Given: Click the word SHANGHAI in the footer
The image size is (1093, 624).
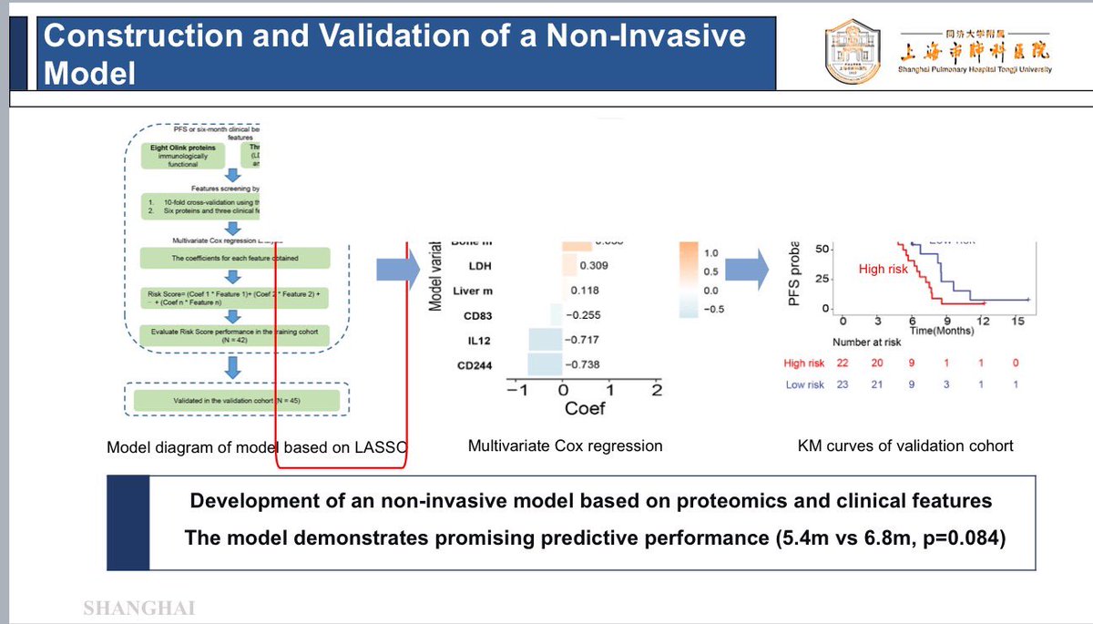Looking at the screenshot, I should pyautogui.click(x=138, y=609).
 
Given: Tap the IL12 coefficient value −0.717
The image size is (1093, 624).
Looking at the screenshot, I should pyautogui.click(x=581, y=340).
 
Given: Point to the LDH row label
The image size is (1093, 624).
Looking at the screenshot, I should pyautogui.click(x=481, y=266).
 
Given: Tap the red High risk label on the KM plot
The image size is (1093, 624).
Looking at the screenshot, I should pyautogui.click(x=884, y=270).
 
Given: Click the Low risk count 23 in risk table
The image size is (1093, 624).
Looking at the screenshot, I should pyautogui.click(x=843, y=384).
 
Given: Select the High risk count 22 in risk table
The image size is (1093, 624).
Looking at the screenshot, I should pyautogui.click(x=843, y=363).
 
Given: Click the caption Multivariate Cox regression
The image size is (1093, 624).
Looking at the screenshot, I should pyautogui.click(x=565, y=446).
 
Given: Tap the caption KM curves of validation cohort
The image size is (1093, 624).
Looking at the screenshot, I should pyautogui.click(x=904, y=446).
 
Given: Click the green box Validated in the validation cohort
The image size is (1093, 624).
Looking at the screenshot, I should pyautogui.click(x=236, y=401).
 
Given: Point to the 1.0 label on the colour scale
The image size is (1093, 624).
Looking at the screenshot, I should pyautogui.click(x=712, y=252).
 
